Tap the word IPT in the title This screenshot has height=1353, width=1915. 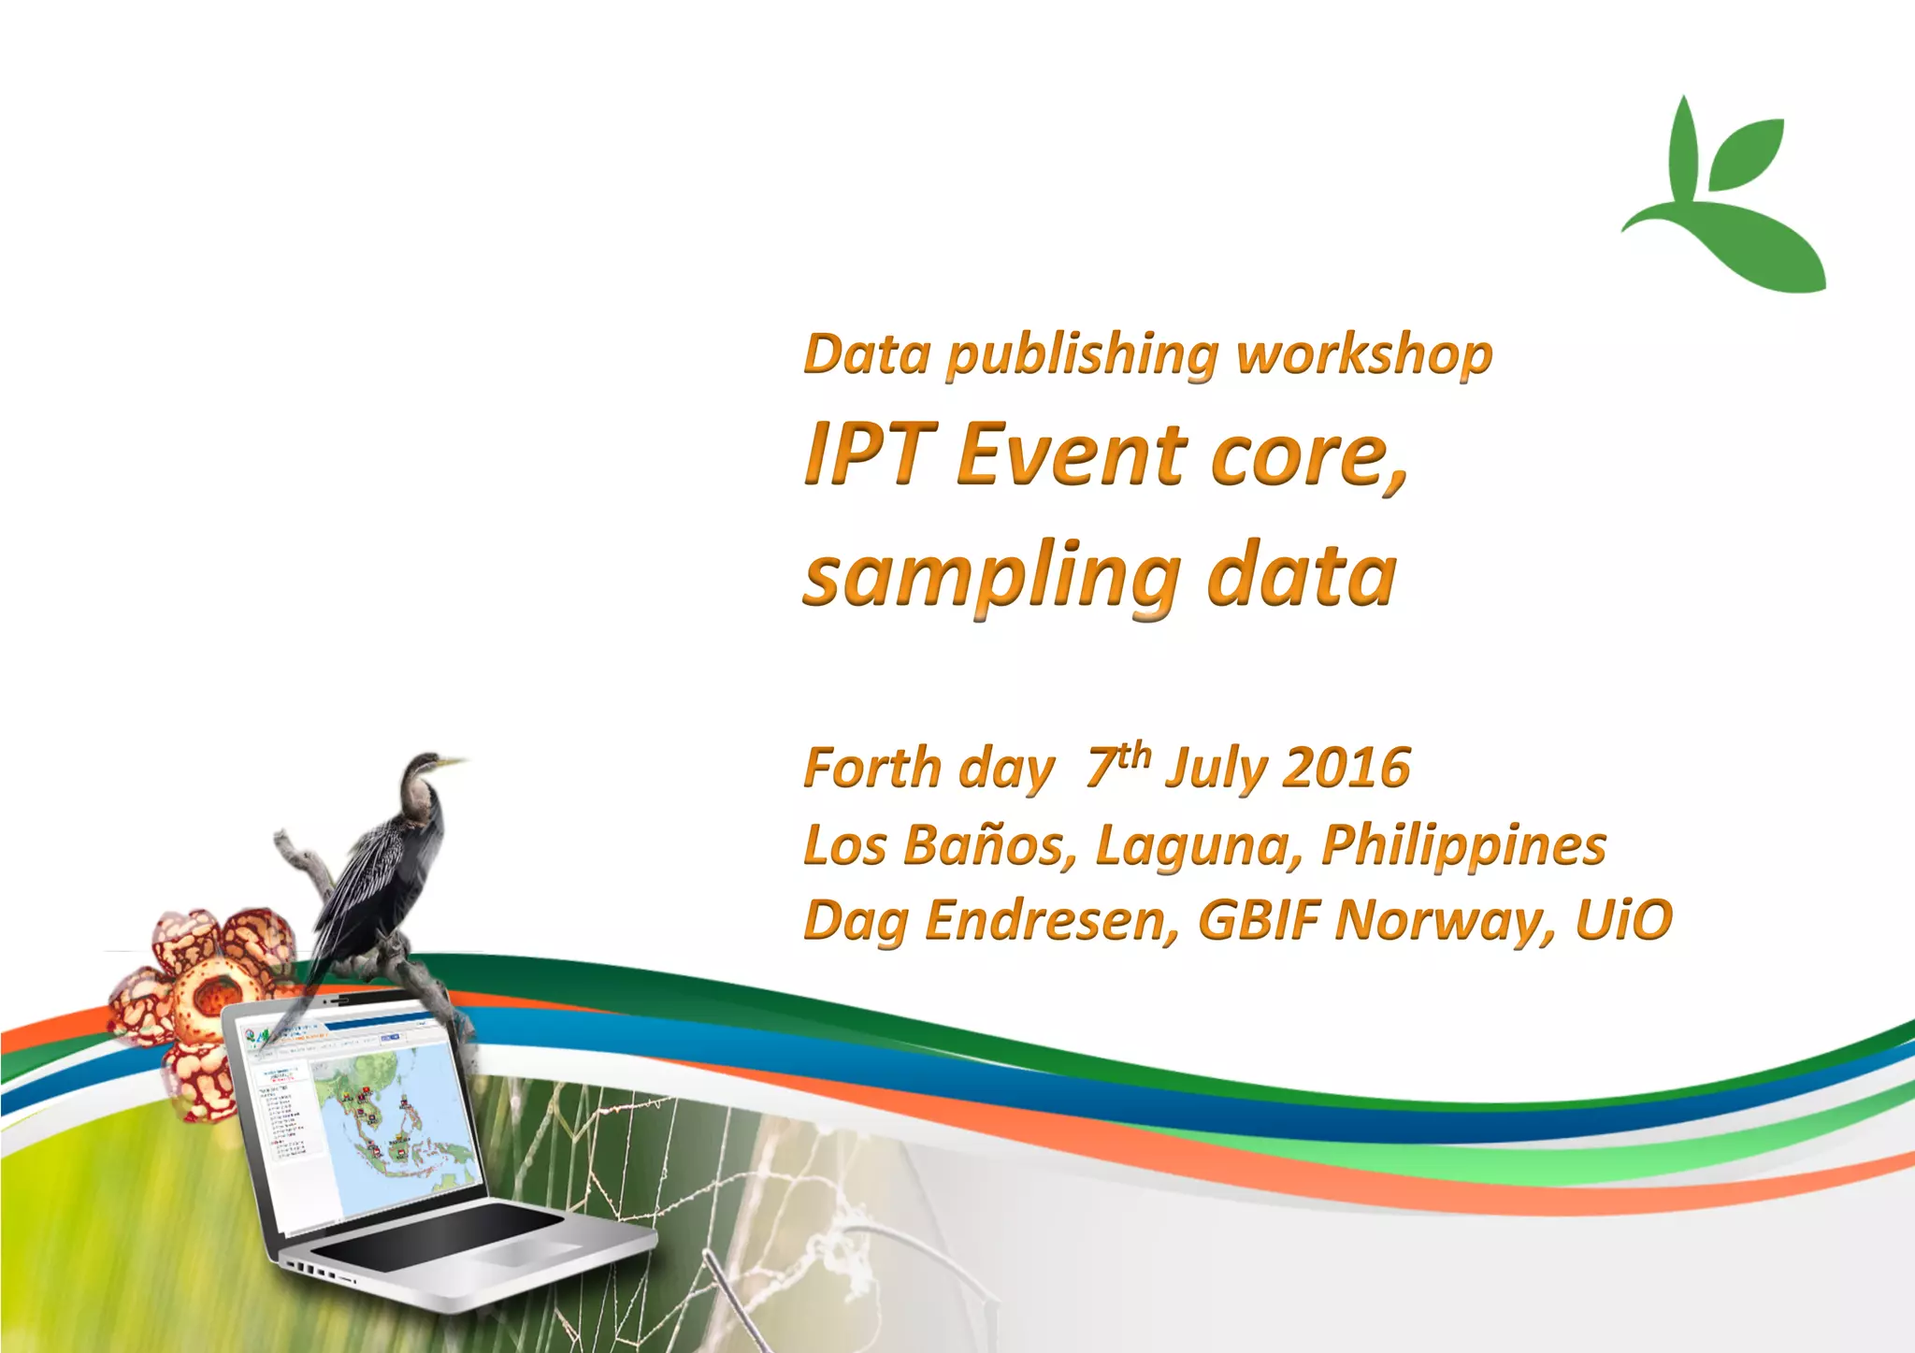pyautogui.click(x=870, y=454)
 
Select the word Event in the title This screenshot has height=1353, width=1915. pyautogui.click(x=1071, y=454)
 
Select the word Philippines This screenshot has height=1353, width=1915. pyautogui.click(x=1463, y=847)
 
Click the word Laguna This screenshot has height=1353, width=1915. pyautogui.click(x=1197, y=847)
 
